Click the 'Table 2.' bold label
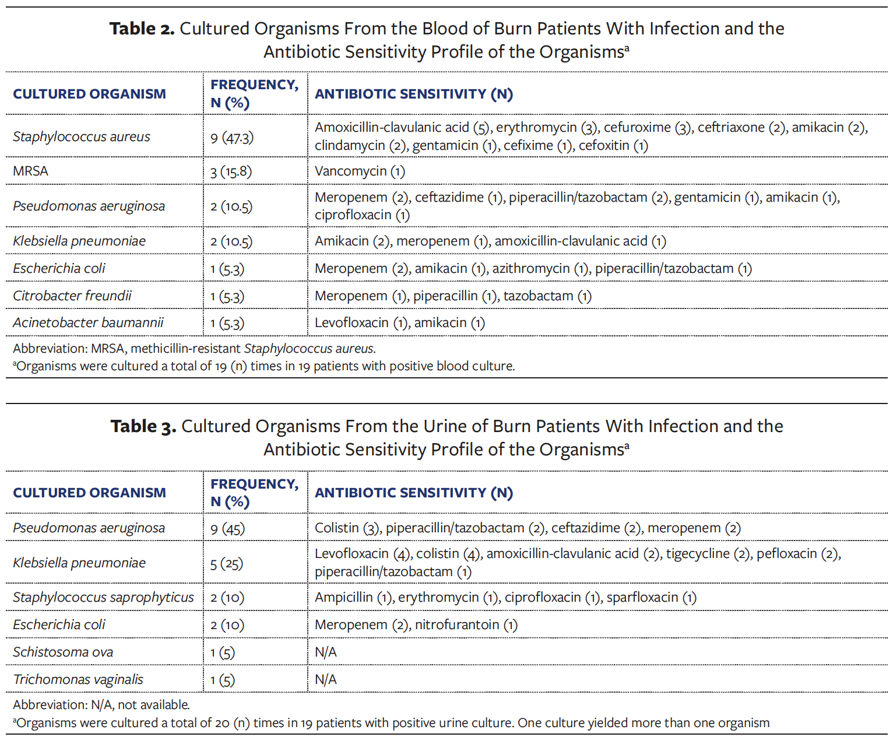(142, 29)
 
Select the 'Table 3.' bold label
(143, 426)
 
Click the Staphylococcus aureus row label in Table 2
(82, 136)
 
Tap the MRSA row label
(30, 171)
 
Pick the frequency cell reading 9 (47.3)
(232, 137)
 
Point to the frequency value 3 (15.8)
(231, 171)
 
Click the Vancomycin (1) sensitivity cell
(360, 171)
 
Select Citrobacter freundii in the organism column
(72, 296)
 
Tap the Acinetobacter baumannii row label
(88, 322)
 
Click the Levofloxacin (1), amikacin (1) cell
(399, 323)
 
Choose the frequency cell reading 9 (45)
(227, 528)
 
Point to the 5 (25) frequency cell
(227, 563)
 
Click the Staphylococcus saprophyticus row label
(103, 597)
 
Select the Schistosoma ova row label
(63, 652)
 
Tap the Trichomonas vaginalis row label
(78, 679)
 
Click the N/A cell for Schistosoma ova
(326, 652)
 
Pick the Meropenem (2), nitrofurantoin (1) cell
(416, 625)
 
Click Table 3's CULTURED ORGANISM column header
(89, 493)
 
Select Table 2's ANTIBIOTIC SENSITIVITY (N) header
(414, 94)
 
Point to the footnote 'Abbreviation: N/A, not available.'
(101, 704)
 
